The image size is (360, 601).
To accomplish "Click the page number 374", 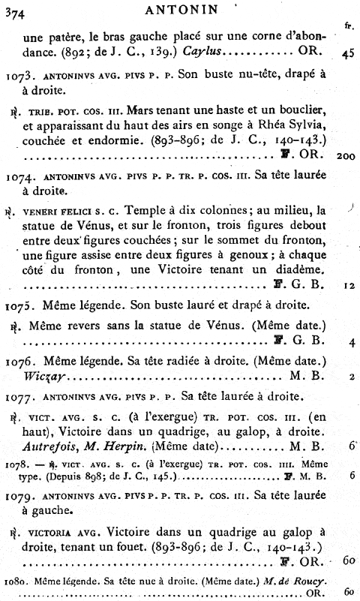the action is point(15,10).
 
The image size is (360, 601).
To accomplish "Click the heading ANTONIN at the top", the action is point(180,10).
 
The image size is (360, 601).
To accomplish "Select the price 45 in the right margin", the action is point(347,53).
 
